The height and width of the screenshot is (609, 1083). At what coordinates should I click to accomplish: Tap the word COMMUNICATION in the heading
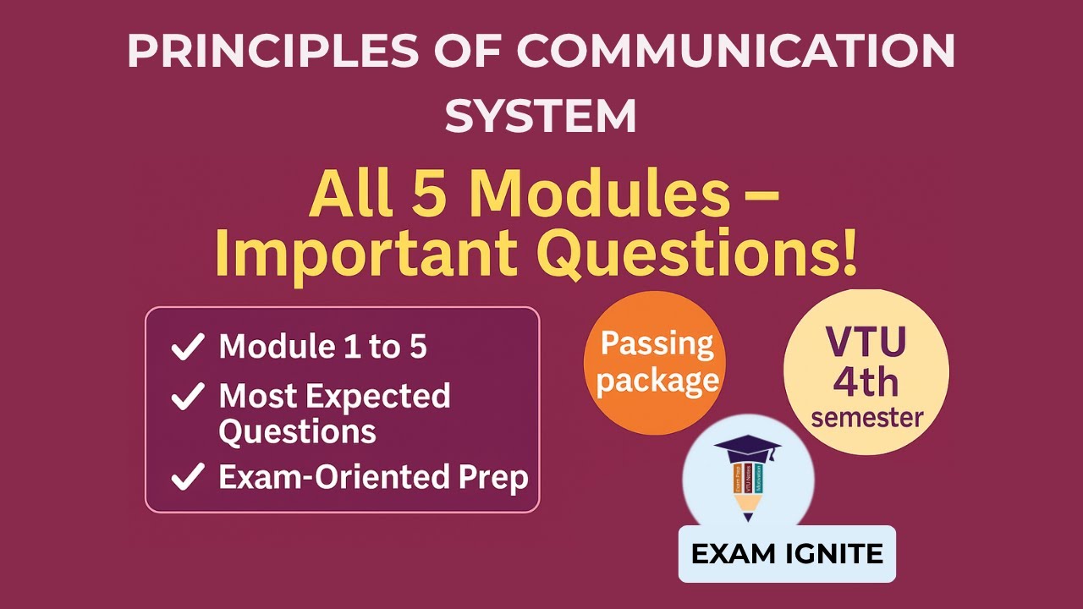[x=735, y=52]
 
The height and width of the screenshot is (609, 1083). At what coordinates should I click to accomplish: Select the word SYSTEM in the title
[x=541, y=116]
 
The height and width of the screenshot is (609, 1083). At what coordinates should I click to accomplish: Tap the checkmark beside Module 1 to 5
[x=187, y=347]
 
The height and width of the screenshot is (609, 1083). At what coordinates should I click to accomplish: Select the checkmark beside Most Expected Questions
[x=187, y=396]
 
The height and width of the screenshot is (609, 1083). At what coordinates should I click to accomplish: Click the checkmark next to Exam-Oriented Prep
[x=187, y=477]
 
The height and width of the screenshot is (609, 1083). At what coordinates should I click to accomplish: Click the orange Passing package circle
[x=655, y=363]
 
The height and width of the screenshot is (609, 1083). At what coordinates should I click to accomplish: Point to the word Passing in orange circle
[x=657, y=344]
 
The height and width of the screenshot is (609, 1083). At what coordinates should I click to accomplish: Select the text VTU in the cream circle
[x=866, y=342]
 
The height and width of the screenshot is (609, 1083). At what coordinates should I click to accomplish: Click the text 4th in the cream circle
[x=866, y=381]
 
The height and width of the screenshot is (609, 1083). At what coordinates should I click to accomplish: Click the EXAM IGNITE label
[x=787, y=554]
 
